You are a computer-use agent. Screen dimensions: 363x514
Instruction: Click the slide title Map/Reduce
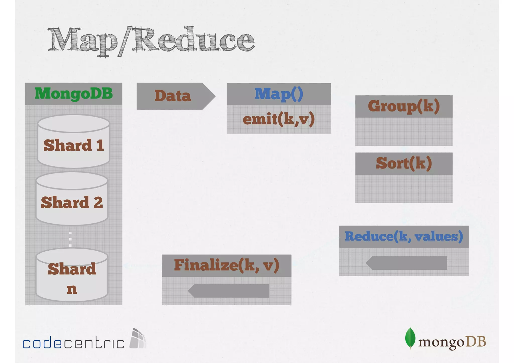click(151, 40)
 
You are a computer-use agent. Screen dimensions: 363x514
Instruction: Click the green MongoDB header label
click(74, 93)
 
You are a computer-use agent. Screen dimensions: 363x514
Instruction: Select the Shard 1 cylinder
click(74, 142)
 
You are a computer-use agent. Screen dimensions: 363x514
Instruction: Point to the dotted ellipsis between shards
click(70, 239)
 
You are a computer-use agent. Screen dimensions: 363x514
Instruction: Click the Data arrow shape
click(175, 96)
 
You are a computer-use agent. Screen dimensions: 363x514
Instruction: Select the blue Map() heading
click(279, 94)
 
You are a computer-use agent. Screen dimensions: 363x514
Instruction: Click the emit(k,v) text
click(279, 119)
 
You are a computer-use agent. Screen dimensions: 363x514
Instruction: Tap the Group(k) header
click(404, 106)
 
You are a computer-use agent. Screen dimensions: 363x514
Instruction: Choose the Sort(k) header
click(404, 163)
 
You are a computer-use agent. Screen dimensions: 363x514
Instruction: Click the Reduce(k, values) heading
click(404, 236)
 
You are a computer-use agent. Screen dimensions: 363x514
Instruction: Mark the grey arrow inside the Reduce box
click(406, 263)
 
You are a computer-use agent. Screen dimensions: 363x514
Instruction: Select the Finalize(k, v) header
click(226, 265)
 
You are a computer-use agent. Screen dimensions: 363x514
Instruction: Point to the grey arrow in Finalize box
click(229, 291)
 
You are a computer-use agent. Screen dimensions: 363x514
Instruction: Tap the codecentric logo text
click(73, 343)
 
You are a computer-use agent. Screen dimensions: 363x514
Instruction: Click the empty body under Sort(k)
click(404, 189)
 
